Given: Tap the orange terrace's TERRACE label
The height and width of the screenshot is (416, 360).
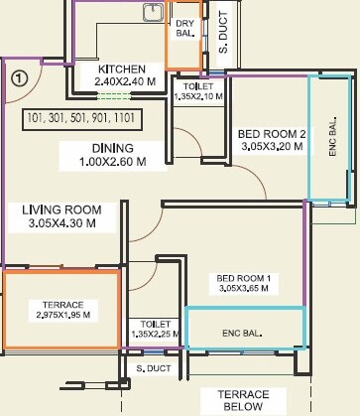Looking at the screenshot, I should (62, 303).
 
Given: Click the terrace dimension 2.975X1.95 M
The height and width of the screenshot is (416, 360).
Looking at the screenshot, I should (62, 315).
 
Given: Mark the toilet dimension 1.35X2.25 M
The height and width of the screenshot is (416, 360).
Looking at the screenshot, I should (155, 335).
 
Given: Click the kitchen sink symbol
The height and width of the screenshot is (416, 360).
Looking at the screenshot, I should (153, 13).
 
